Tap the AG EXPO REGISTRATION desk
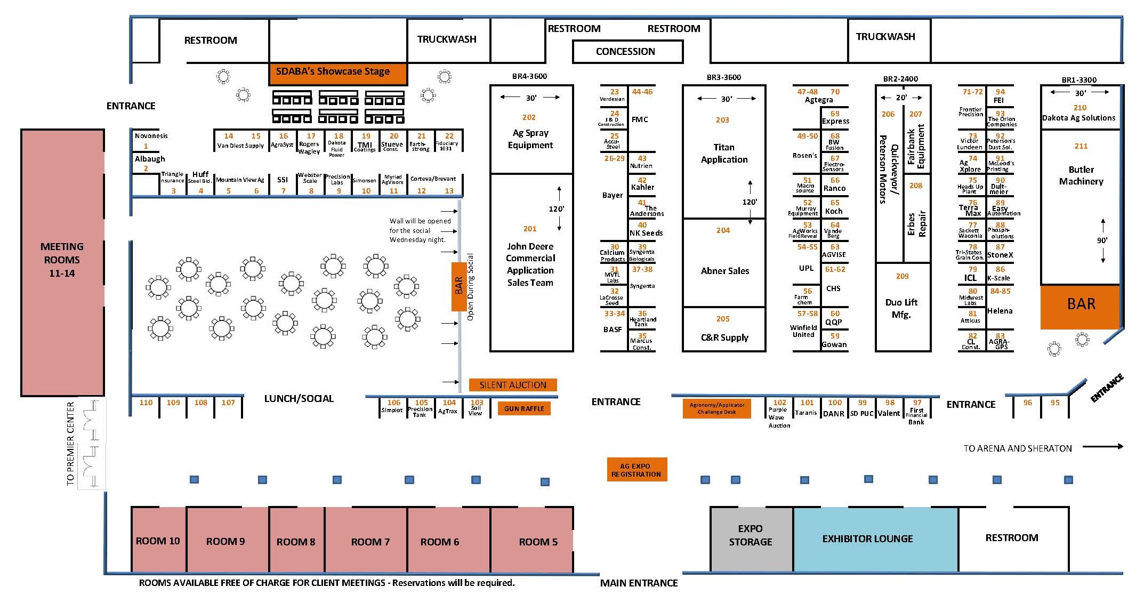tap(637, 470)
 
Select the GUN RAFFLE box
tap(525, 409)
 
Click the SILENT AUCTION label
tap(513, 385)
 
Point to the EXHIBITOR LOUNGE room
tap(867, 539)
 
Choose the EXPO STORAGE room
tap(751, 535)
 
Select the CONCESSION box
tap(626, 52)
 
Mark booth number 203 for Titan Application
tap(722, 120)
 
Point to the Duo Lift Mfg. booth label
tap(901, 308)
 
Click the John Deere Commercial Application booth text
tap(530, 264)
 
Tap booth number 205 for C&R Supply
tap(723, 319)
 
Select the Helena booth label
tap(1000, 311)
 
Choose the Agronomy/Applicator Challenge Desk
tap(716, 409)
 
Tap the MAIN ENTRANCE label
tap(639, 583)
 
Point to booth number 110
tap(146, 403)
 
